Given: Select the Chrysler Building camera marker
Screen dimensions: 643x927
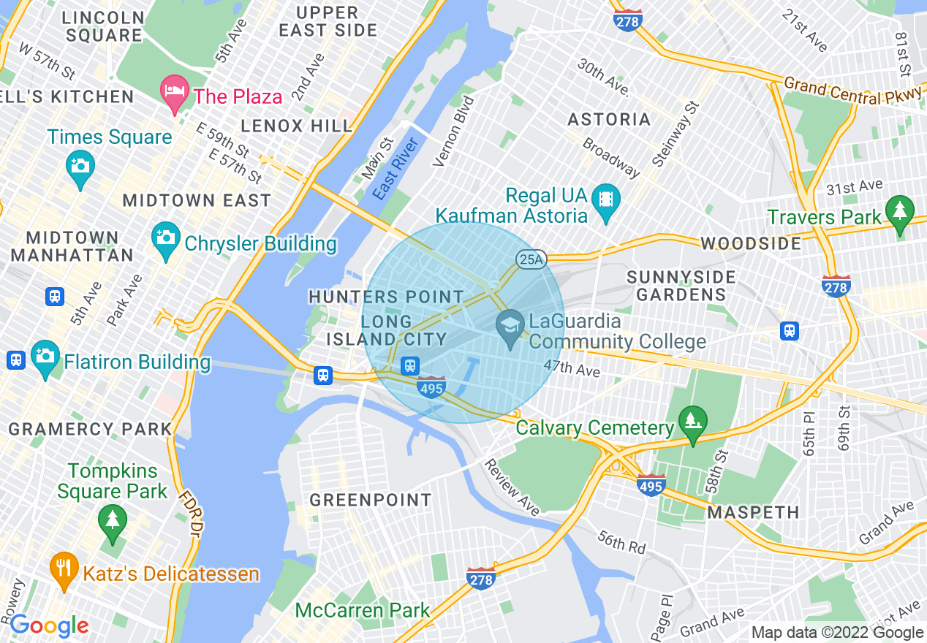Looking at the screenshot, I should point(166,238).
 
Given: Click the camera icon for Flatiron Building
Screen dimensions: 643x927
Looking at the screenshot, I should point(45,356).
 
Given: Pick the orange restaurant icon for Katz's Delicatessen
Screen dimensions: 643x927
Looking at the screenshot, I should point(64,568).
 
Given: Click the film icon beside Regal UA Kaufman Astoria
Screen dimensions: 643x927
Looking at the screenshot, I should point(605,199).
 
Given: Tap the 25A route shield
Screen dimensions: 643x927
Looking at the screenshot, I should point(531,259).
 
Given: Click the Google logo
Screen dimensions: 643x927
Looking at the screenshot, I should point(49,626).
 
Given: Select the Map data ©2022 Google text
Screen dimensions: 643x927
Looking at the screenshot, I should point(838,633).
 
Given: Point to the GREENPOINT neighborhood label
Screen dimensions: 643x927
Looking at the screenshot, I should point(370,501).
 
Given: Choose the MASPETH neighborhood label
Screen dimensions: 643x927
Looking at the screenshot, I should point(753,512).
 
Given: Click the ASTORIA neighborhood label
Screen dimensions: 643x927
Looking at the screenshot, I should point(609,119).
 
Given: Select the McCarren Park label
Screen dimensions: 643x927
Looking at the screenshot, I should point(363,610).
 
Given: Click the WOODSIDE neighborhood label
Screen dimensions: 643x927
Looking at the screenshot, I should point(751,243).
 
